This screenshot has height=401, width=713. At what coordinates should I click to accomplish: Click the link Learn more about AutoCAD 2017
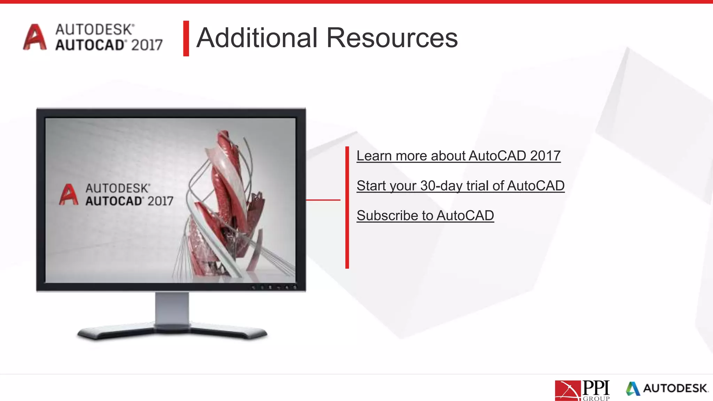[458, 156]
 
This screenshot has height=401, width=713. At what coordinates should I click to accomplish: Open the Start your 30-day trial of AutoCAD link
[460, 186]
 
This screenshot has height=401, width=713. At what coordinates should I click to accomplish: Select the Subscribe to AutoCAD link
[425, 216]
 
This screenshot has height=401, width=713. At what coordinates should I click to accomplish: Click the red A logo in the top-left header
[34, 37]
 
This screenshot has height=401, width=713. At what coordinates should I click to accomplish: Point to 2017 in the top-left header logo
[147, 45]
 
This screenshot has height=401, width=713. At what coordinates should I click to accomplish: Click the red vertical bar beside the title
[186, 38]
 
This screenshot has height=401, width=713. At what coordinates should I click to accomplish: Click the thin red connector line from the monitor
[323, 200]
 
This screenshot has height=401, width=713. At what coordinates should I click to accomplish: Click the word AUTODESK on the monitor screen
[118, 188]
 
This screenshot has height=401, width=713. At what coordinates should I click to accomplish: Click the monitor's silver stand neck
[172, 308]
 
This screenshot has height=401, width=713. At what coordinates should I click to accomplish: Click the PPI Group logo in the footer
[582, 390]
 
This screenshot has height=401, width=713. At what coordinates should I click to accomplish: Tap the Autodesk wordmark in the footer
[675, 388]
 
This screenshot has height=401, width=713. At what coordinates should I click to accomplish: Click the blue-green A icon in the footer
[633, 388]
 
